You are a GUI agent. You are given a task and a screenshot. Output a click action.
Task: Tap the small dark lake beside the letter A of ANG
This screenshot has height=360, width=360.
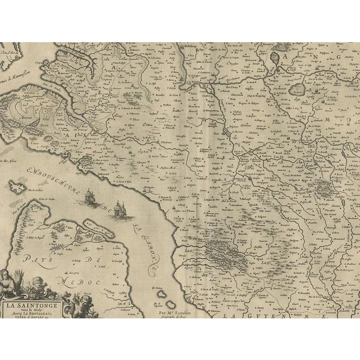point(275,57)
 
